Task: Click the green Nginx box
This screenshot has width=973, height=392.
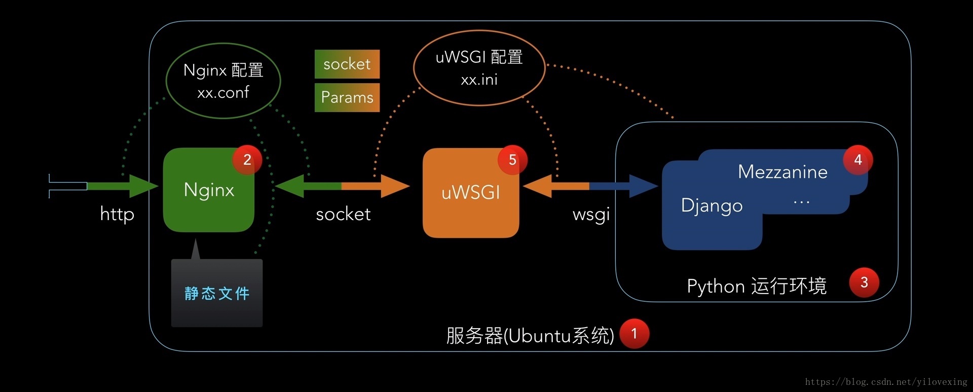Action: pos(208,191)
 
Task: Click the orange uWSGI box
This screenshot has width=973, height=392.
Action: pos(470,193)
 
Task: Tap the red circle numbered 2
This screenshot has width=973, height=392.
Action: pos(247,160)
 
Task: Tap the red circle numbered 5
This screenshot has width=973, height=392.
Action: pos(512,160)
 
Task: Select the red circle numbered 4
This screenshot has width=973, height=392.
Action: pos(857,160)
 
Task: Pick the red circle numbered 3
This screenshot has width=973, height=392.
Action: pos(864,282)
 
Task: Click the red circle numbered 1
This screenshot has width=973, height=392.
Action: pos(634,334)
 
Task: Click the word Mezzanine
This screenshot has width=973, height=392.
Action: pos(782,172)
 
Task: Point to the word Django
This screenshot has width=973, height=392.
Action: pos(712,205)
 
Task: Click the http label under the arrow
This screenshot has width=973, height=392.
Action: pos(117,214)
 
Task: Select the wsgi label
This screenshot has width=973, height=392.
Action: pos(591,215)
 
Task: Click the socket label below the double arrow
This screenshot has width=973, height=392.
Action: pos(343,215)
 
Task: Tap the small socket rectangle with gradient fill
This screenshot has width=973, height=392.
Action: pos(347,64)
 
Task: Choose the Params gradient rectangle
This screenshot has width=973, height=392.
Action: pos(347,97)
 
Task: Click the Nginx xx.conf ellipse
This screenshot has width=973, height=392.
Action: pos(223,81)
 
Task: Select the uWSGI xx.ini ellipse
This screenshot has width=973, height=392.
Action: pos(479,68)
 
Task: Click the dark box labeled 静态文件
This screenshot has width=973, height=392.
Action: pos(217,294)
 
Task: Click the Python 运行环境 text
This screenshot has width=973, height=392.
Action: pos(756,286)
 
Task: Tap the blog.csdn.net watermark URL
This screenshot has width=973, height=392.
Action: pos(886,382)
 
